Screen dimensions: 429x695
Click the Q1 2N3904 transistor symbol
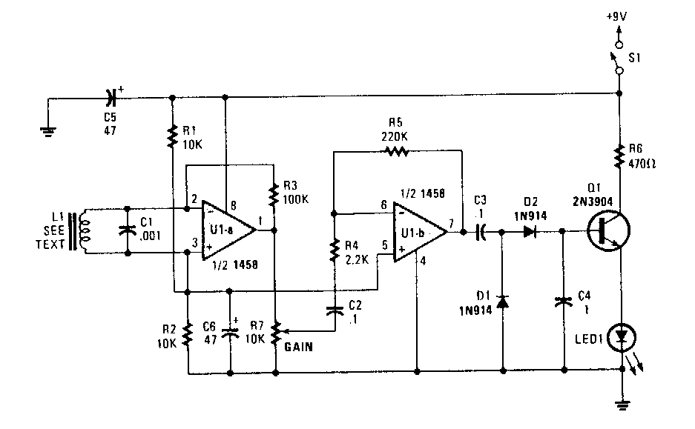point(605,230)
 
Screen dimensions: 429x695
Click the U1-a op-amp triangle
point(227,230)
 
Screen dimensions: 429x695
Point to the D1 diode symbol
point(502,302)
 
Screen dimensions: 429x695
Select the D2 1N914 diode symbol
point(528,231)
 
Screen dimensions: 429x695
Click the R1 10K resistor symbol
point(173,136)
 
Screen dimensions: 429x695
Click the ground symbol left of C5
point(47,131)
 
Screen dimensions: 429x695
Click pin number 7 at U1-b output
point(452,222)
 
